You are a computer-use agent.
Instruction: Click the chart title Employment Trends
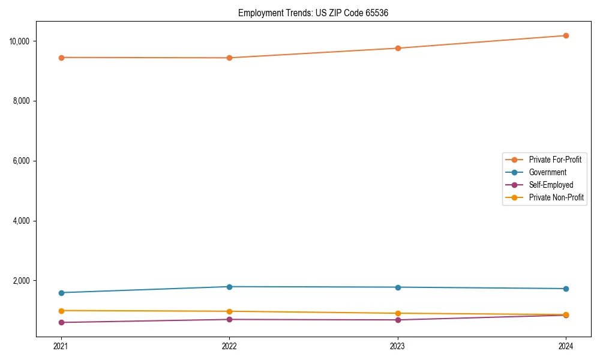313,13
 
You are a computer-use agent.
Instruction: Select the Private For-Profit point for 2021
61,58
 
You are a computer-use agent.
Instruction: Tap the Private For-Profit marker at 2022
229,58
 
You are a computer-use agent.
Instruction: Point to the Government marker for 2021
61,293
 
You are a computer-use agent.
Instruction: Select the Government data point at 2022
229,287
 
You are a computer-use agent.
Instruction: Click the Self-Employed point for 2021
61,322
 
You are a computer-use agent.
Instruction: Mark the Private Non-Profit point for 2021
61,311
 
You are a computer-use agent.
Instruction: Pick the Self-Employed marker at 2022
229,319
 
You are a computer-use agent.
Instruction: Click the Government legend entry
547,172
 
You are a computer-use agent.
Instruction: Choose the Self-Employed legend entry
551,185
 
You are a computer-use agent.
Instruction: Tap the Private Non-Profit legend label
556,197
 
